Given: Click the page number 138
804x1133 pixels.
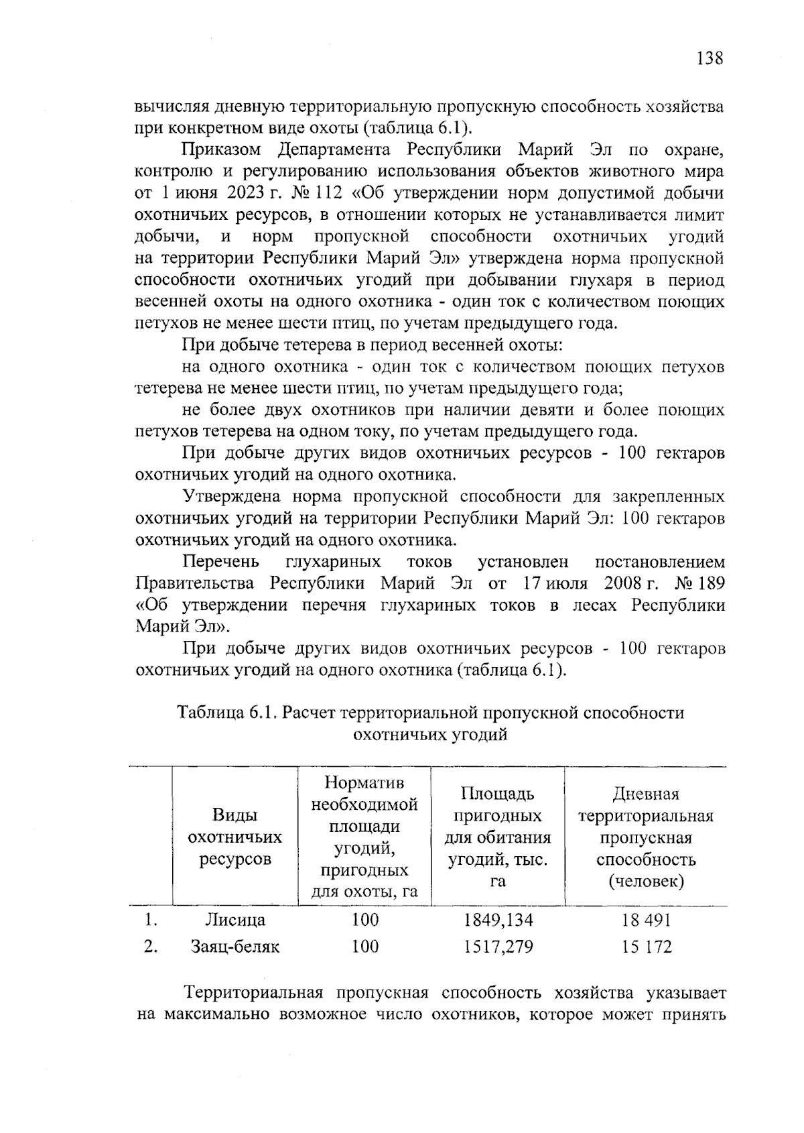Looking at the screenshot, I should pyautogui.click(x=710, y=58).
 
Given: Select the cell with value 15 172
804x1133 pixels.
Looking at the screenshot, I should pyautogui.click(x=646, y=947).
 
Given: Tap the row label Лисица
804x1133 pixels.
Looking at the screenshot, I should pyautogui.click(x=234, y=919).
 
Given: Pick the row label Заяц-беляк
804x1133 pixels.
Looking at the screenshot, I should pyautogui.click(x=234, y=947).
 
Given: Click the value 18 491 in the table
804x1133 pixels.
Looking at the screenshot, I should pyautogui.click(x=646, y=919).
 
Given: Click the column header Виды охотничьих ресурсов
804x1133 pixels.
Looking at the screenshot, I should pyautogui.click(x=234, y=837).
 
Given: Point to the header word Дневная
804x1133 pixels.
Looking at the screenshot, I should pyautogui.click(x=646, y=794).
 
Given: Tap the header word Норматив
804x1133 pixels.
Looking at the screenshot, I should pyautogui.click(x=364, y=782).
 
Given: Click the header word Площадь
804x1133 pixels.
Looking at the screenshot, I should pyautogui.click(x=498, y=794).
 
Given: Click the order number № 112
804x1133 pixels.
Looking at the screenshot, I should pyautogui.click(x=318, y=193).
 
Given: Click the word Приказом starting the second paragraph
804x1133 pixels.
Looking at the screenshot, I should pyautogui.click(x=220, y=150).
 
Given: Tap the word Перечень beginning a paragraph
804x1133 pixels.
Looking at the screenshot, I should pyautogui.click(x=221, y=561).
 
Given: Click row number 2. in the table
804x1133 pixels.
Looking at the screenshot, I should pyautogui.click(x=151, y=947).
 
